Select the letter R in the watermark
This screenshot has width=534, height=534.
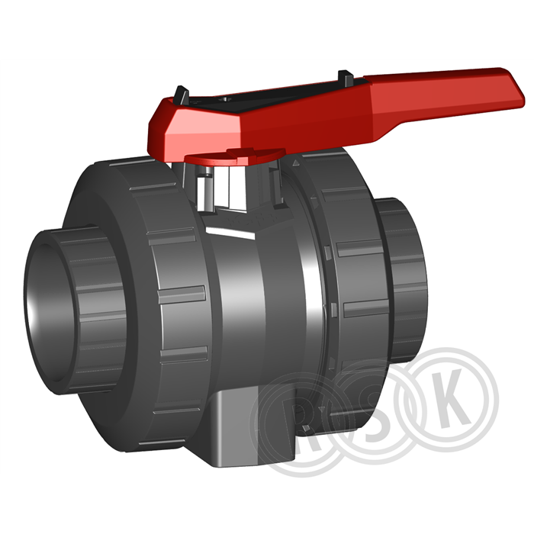[300, 432]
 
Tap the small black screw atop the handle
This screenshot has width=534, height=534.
[226, 99]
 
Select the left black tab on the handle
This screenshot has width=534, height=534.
[182, 95]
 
